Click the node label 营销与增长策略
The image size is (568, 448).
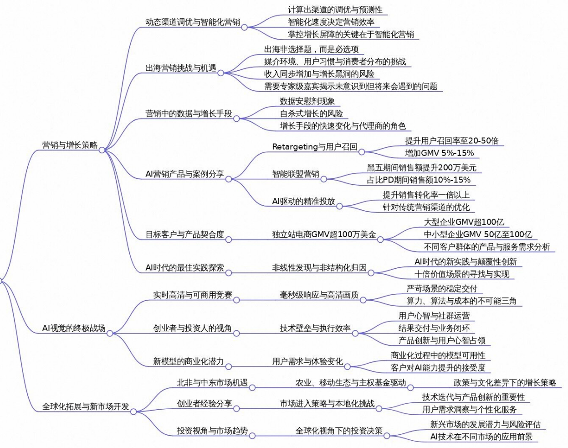point(70,145)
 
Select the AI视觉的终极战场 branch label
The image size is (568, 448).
point(74,328)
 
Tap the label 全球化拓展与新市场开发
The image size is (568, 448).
point(86,406)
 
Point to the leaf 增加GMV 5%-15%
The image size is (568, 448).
point(439,153)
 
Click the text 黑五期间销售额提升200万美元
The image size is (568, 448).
point(421,167)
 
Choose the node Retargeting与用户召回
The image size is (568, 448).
point(315,146)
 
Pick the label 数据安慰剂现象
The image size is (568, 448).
point(307,101)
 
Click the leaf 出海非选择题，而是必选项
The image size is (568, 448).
point(311,49)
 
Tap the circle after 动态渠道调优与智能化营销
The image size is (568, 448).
point(244,27)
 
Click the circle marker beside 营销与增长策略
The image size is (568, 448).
point(102,150)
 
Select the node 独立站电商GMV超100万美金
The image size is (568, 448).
point(324,234)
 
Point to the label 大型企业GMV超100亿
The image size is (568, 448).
point(464,222)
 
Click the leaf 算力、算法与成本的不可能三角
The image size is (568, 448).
point(461,301)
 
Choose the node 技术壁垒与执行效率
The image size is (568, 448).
point(315,328)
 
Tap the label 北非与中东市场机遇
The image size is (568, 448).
point(212,382)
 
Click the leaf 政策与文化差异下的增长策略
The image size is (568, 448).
point(505,382)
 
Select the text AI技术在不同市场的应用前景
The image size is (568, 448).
point(481,437)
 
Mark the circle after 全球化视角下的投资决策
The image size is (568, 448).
point(387,436)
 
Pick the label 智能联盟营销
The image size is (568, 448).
point(296,174)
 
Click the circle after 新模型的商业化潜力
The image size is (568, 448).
point(228,366)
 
